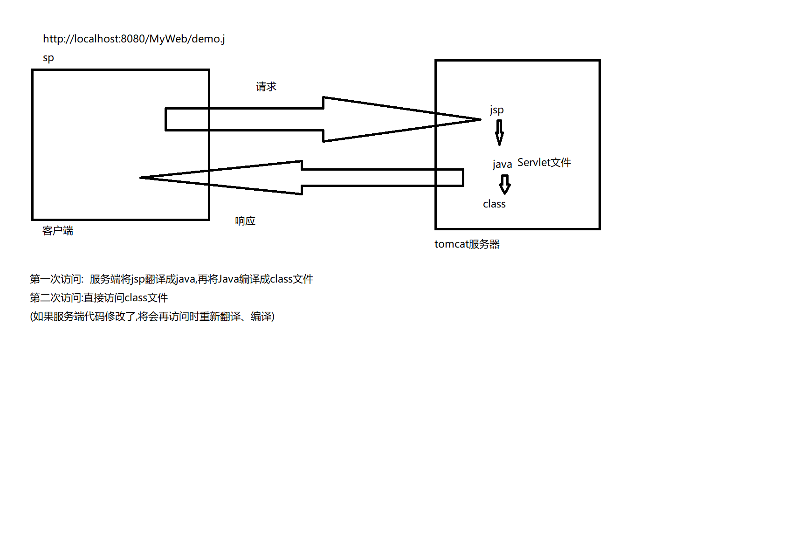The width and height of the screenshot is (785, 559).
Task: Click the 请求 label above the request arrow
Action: pyautogui.click(x=266, y=87)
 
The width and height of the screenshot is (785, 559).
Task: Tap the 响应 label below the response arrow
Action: pyautogui.click(x=245, y=221)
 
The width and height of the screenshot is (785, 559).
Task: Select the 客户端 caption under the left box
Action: pyautogui.click(x=58, y=231)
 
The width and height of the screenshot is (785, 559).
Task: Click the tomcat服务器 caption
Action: pyautogui.click(x=467, y=244)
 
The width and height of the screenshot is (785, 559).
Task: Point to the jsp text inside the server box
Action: pyautogui.click(x=496, y=110)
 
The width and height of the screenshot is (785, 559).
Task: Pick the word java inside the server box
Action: pyautogui.click(x=502, y=164)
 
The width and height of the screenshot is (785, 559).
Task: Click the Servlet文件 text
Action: pyautogui.click(x=544, y=163)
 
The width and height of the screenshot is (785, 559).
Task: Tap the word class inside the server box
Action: pyautogui.click(x=494, y=204)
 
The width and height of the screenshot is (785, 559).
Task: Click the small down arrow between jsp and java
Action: pyautogui.click(x=499, y=132)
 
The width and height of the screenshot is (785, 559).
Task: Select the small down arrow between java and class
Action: pyautogui.click(x=504, y=184)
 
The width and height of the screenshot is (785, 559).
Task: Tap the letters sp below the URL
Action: pyautogui.click(x=48, y=58)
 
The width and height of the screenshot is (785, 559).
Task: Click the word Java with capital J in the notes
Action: pyautogui.click(x=228, y=279)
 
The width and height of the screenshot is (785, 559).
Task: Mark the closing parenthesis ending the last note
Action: pyautogui.click(x=273, y=317)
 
